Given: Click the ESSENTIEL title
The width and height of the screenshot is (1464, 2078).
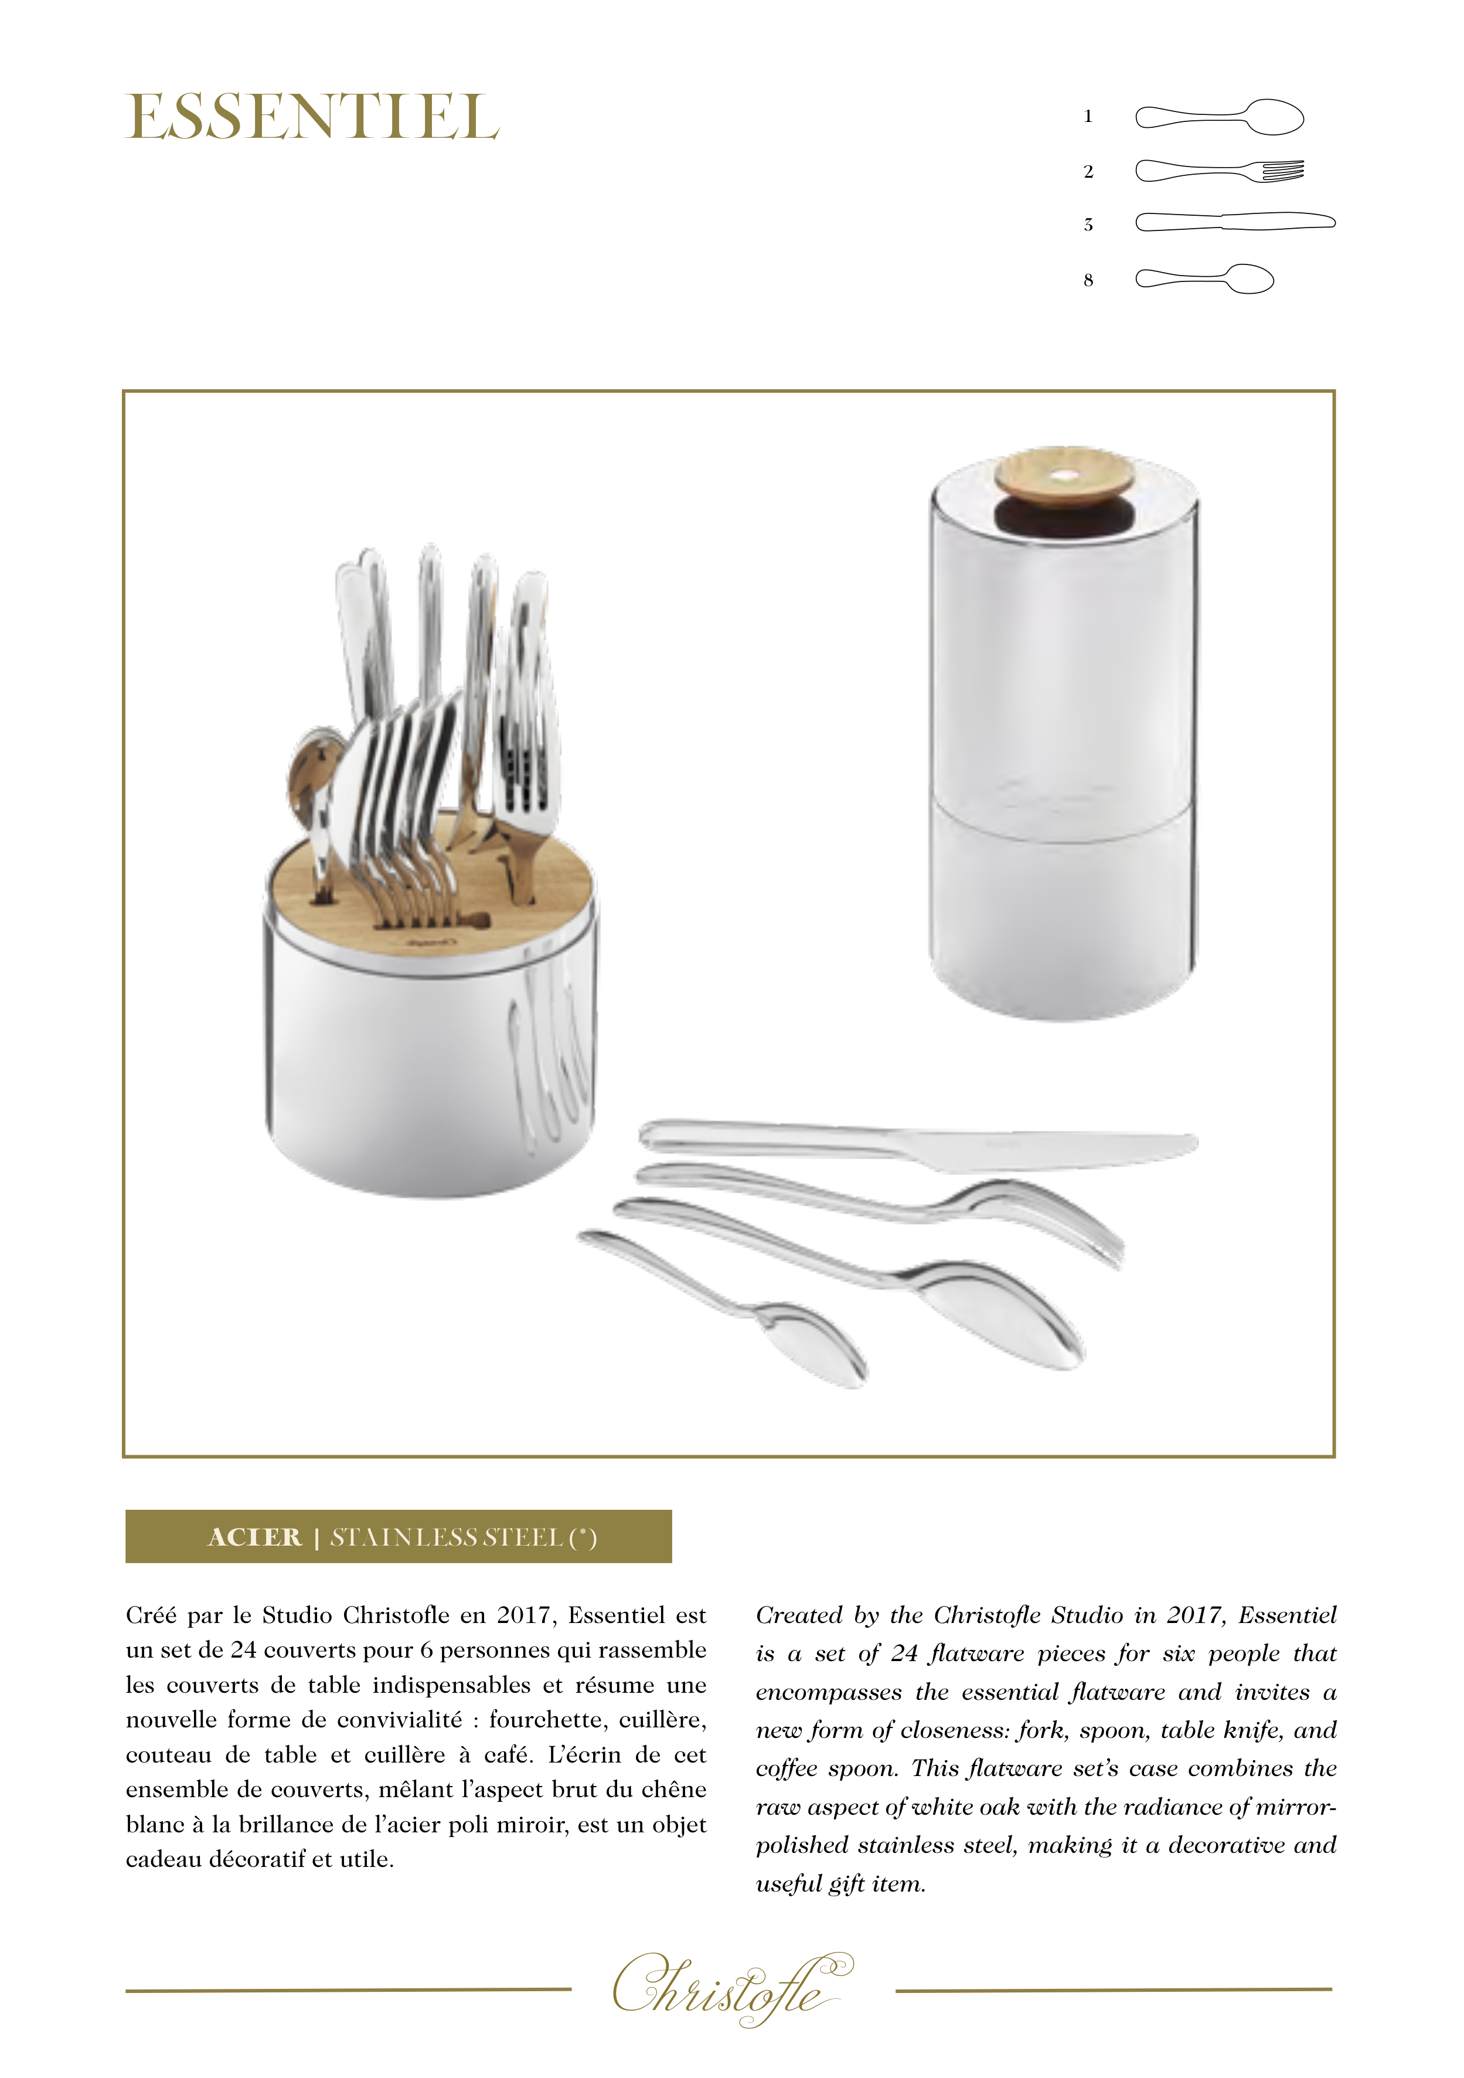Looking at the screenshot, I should tap(312, 118).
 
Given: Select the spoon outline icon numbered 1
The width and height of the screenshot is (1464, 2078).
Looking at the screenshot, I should tap(1219, 117).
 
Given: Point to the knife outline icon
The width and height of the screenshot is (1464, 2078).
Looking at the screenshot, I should tap(1235, 222).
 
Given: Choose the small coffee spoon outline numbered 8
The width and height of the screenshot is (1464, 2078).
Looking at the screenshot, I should tap(1204, 279).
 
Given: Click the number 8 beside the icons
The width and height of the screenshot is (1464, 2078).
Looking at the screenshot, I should tap(1088, 281).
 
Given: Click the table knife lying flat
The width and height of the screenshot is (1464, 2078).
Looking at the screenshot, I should tap(918, 1143).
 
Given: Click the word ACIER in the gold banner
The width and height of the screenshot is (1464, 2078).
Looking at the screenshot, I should tap(254, 1537).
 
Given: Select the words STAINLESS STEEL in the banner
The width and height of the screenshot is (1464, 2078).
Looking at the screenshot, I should tap(447, 1537).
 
